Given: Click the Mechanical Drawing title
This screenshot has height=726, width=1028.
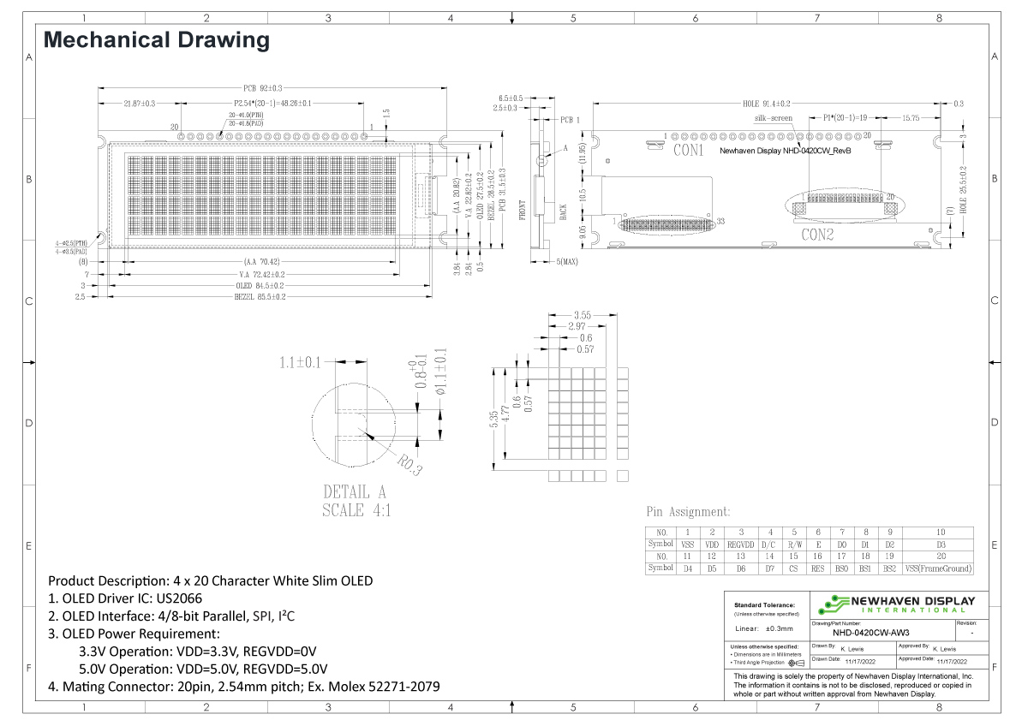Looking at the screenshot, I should [156, 40].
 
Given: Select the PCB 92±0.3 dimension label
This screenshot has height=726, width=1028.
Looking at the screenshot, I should [263, 87].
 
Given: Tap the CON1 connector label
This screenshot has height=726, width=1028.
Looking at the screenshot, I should [688, 151].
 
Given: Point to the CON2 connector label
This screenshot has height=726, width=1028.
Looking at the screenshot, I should [817, 234].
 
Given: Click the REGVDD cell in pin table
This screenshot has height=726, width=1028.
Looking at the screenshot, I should [740, 544].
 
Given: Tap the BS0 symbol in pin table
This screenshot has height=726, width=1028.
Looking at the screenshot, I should [842, 568].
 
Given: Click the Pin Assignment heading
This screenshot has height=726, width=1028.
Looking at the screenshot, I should [687, 512].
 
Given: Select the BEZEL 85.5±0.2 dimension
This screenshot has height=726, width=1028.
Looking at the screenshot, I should [260, 296].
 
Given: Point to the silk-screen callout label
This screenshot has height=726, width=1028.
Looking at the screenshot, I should [773, 118].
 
